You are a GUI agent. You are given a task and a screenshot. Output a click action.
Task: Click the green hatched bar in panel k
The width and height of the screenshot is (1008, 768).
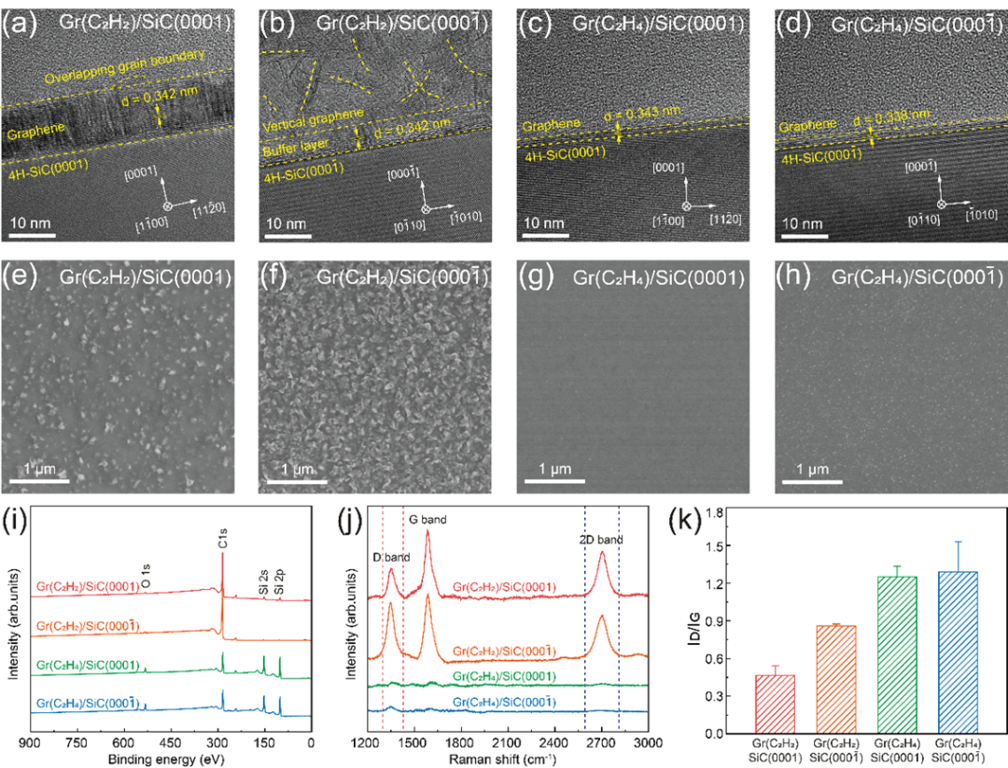pos(895,654)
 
